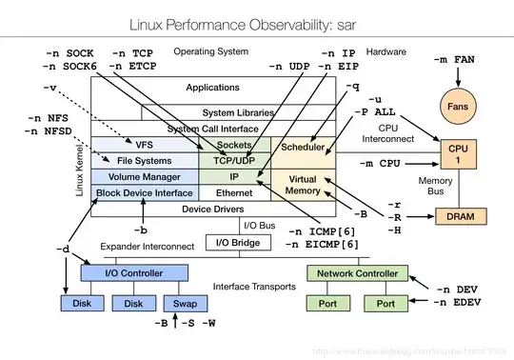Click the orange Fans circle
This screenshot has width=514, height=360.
click(x=458, y=108)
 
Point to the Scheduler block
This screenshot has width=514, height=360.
click(x=304, y=148)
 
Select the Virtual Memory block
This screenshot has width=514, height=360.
click(x=304, y=184)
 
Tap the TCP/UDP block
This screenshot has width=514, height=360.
click(x=233, y=160)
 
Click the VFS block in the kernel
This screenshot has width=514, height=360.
click(x=144, y=145)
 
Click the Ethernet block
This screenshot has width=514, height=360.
click(x=233, y=192)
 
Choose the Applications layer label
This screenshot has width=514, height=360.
click(x=212, y=88)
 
